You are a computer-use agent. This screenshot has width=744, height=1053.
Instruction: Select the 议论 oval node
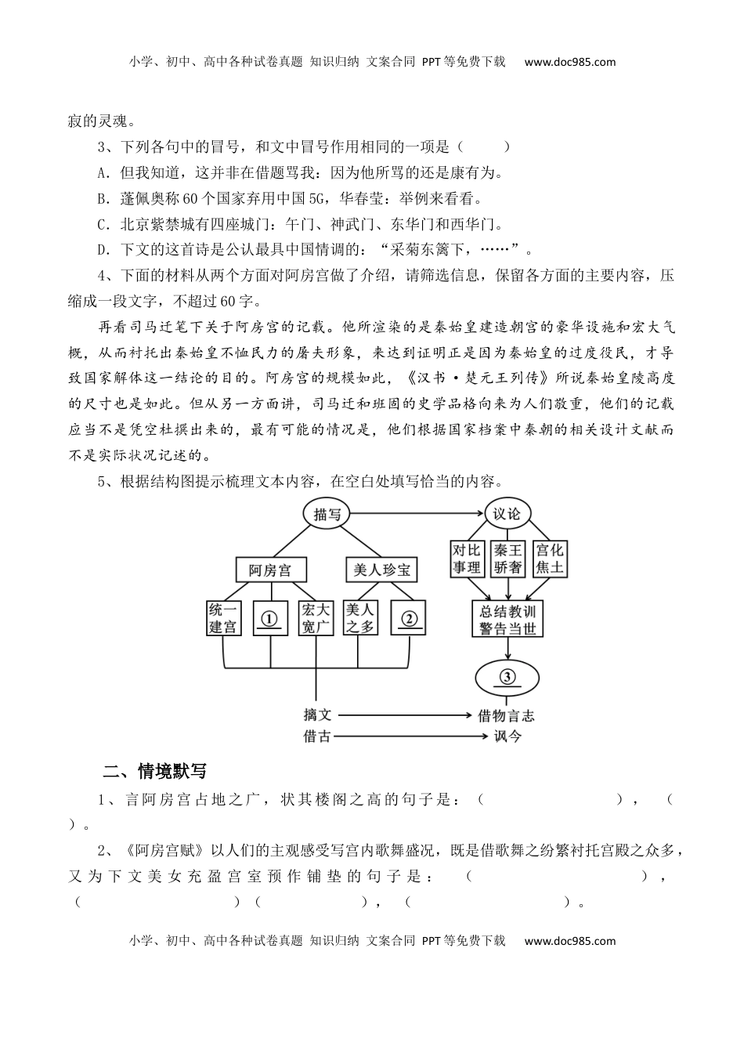(x=506, y=514)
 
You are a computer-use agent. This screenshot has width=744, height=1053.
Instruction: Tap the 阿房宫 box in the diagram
(x=270, y=570)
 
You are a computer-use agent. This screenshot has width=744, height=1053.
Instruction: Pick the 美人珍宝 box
(x=381, y=570)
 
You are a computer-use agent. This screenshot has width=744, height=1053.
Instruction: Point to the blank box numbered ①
(x=270, y=617)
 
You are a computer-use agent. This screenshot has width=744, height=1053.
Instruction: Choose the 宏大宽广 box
(x=316, y=617)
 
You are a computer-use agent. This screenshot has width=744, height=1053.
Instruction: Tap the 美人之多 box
(x=361, y=617)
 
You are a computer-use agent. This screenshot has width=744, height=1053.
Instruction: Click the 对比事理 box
(x=467, y=559)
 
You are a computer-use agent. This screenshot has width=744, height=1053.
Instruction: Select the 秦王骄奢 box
(x=507, y=559)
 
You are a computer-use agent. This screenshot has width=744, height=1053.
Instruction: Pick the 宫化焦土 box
(x=549, y=559)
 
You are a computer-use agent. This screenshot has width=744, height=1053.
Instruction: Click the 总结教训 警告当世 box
(x=507, y=619)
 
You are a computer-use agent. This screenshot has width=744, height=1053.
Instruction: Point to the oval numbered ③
(x=507, y=678)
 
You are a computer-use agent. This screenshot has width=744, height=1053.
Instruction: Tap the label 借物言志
(x=506, y=715)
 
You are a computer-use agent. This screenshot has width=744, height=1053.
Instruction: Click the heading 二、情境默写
(x=155, y=771)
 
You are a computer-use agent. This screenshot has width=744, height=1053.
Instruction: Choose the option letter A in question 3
(x=102, y=172)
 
